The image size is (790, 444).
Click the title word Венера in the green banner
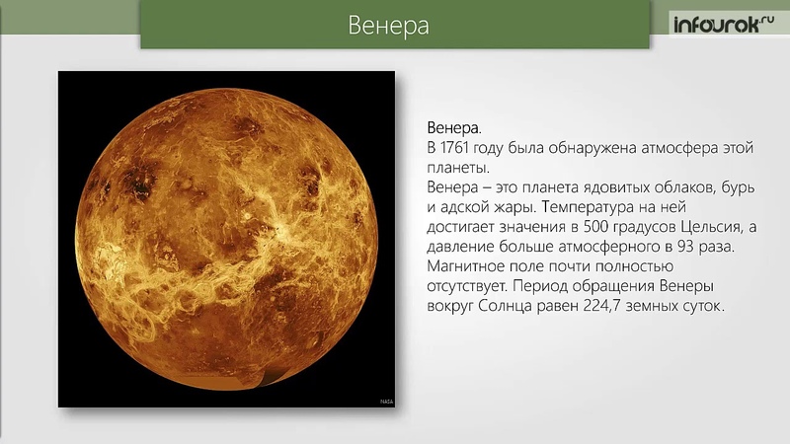pos(388,26)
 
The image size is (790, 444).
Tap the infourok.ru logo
pos(724,24)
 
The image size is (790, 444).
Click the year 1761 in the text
pos(454,148)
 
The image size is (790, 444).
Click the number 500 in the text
pos(597,227)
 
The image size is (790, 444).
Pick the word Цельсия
pos(712,227)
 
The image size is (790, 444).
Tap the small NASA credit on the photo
pos(386,402)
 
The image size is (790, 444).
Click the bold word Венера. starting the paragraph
pos(454,128)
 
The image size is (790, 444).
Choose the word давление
pos(460,248)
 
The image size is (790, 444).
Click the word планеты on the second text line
pos(458,168)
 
